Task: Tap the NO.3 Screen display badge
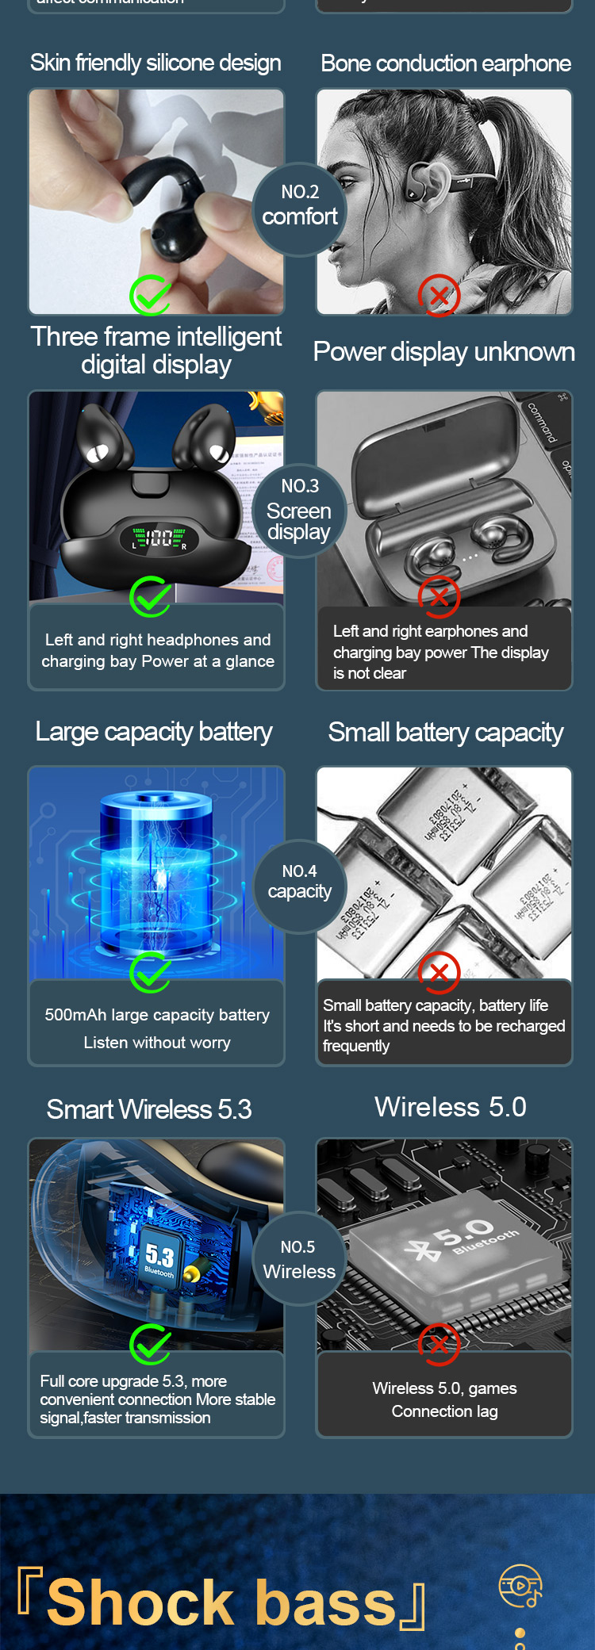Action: point(299,510)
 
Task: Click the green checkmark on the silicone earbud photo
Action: point(150,296)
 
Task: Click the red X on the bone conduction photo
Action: point(439,296)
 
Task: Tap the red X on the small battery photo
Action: point(439,972)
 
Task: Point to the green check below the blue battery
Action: point(150,972)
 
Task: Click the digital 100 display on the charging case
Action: point(159,539)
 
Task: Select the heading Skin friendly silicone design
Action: point(155,63)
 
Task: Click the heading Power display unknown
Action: point(443,351)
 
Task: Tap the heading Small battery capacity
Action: point(445,733)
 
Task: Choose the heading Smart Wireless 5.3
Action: point(149,1109)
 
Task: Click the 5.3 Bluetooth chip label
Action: point(159,1258)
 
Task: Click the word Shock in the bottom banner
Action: point(140,1602)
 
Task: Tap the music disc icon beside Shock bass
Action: point(520,1585)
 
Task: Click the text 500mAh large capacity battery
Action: point(157,1015)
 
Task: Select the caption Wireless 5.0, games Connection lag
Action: point(444,1399)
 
